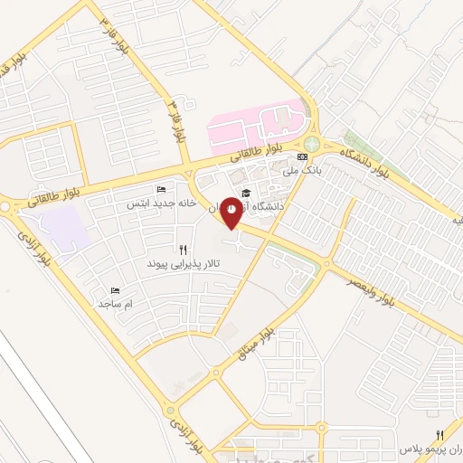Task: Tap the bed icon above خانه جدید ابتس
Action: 161,189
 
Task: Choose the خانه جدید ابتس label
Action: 150,203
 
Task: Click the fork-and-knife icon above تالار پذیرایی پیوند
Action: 183,248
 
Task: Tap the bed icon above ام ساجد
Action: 115,290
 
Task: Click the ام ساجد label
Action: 116,305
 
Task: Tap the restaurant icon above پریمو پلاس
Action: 440,435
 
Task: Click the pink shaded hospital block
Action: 258,127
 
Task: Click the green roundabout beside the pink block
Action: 312,144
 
